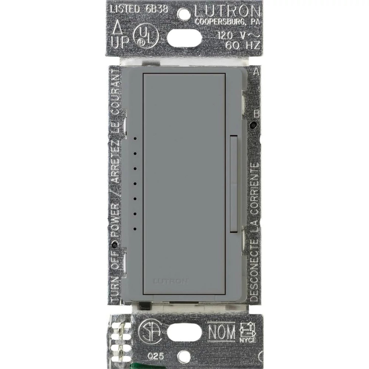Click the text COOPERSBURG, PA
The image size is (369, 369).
pyautogui.click(x=228, y=22)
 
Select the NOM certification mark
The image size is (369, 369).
pyautogui.click(x=221, y=331)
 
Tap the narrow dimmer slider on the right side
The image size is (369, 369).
pyautogui.click(x=233, y=184)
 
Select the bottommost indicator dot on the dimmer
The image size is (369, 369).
pyautogui.click(x=135, y=229)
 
